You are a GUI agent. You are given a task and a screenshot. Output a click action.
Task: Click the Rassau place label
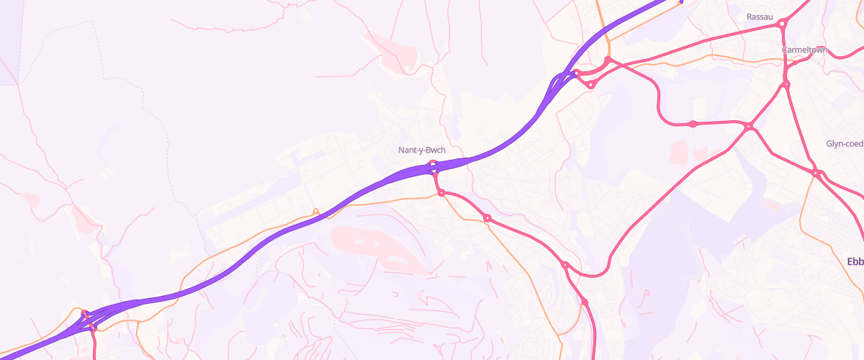click(x=760, y=17)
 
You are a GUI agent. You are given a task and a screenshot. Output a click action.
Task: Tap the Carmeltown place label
click(x=805, y=50)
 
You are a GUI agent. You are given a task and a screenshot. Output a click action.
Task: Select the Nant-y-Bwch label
click(x=422, y=150)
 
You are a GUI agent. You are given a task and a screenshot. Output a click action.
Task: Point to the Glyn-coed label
click(x=845, y=143)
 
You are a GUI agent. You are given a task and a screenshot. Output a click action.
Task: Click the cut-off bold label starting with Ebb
click(x=855, y=261)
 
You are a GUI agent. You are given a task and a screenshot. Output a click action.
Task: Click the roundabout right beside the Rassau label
click(x=782, y=24)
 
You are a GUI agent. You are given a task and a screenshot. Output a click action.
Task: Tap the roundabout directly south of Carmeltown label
click(x=786, y=85)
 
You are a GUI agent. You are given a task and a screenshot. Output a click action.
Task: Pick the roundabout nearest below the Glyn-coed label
click(x=817, y=173)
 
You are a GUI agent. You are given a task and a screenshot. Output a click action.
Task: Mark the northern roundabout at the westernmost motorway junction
click(x=85, y=314)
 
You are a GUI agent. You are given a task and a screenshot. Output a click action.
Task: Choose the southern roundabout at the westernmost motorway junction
click(x=93, y=326)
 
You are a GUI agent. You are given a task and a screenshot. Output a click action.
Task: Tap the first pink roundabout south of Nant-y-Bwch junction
click(x=441, y=192)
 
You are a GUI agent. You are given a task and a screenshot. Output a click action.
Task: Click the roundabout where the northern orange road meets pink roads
click(x=608, y=60)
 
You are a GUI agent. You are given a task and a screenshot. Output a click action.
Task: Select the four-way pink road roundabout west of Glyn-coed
click(x=749, y=127)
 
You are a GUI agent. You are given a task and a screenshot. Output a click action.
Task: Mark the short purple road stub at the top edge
click(x=681, y=1)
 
